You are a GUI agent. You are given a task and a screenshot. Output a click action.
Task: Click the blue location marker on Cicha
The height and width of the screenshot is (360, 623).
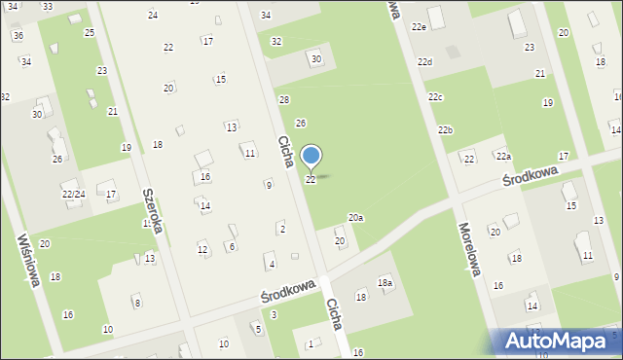point(311,157)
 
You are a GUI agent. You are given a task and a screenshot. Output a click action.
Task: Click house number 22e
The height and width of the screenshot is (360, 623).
point(419,27)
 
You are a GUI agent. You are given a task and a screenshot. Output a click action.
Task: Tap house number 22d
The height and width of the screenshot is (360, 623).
point(424,62)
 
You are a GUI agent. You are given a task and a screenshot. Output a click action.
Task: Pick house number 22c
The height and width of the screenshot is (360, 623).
point(435,97)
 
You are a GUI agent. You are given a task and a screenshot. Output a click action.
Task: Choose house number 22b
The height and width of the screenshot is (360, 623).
point(445,130)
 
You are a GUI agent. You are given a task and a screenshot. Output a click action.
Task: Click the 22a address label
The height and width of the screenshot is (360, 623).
point(502,156)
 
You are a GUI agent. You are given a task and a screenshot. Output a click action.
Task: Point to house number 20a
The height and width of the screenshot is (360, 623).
point(356,218)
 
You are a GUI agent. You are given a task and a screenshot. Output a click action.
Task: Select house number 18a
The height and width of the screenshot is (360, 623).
point(385,282)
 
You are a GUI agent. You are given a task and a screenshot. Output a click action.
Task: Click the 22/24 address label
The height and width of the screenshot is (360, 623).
point(74,194)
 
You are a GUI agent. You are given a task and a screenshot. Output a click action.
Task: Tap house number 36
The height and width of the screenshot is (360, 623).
point(18,35)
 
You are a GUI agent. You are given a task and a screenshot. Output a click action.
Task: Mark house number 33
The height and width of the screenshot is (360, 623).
point(47,6)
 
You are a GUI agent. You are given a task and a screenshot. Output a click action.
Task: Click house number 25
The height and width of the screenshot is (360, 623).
point(89,33)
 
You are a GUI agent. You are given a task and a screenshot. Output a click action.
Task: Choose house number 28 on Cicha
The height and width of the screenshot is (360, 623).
point(284,100)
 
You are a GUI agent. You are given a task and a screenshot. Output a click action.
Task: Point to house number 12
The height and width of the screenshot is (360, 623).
point(202,250)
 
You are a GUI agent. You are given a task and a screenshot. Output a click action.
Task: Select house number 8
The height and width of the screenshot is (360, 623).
point(137,304)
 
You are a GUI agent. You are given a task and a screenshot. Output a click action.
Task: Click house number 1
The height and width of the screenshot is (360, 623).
point(311,344)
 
